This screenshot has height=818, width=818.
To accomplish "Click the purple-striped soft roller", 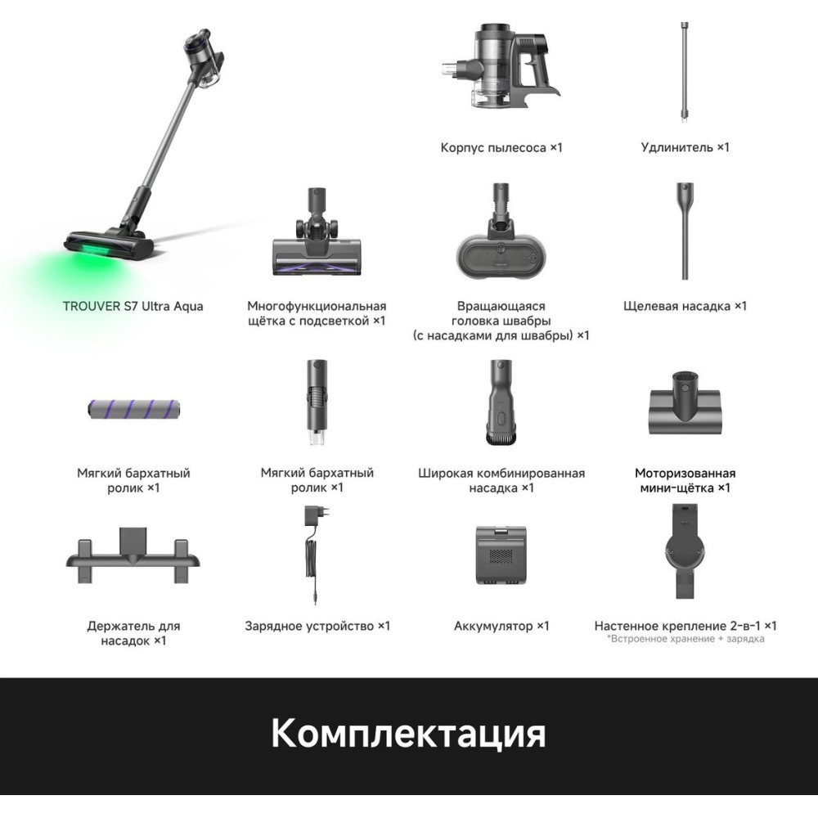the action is coord(133,409).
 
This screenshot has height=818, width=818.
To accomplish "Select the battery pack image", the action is coord(501,555).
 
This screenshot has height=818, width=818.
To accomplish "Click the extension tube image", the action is coord(684,72).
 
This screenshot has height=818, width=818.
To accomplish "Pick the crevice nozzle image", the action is coord(685,231).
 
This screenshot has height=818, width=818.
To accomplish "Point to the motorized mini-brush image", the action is coord(685,403).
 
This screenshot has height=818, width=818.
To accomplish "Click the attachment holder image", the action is coord(133,555).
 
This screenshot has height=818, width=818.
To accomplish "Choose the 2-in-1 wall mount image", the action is coord(685,551).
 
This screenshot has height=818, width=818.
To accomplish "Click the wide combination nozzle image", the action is coord(501,402).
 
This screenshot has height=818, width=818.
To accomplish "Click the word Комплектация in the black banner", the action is coord(408,733).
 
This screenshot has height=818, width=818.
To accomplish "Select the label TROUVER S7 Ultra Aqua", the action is coord(133,306).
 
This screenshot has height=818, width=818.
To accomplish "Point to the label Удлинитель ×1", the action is coord(685,147).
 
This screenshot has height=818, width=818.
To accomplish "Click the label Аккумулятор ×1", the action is coord(501,626).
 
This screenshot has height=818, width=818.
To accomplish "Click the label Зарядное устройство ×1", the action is coord(317,626).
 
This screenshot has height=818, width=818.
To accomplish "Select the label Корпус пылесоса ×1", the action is coord(501,147).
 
